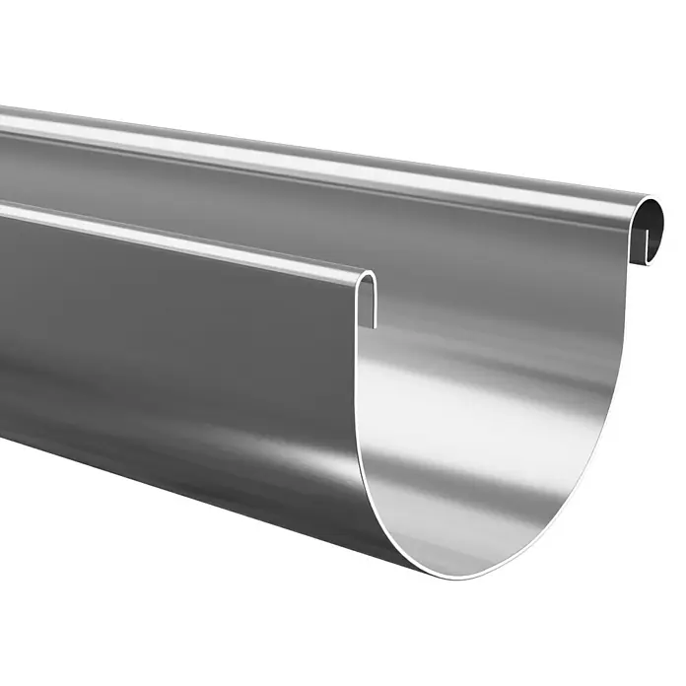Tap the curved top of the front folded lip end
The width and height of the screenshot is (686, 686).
pos(367,275)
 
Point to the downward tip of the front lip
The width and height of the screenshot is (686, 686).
pos(375,323)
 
